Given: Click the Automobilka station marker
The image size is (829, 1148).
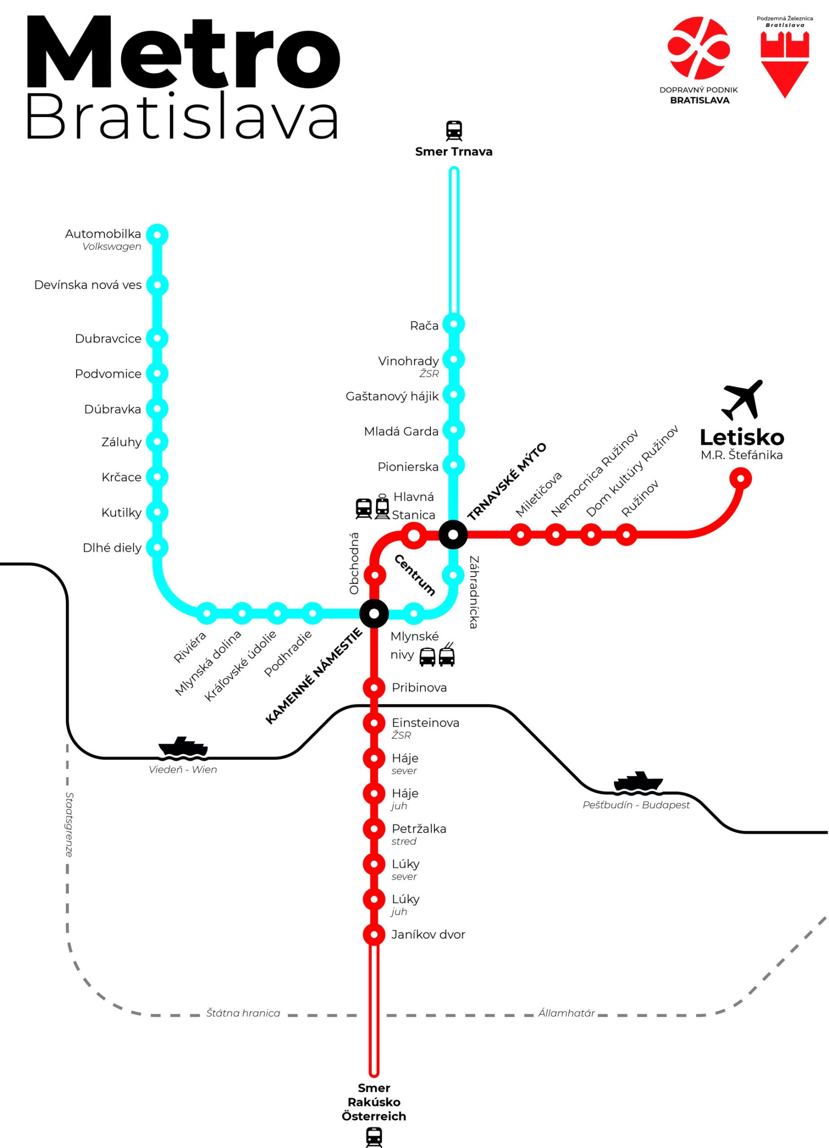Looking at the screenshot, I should point(157,235).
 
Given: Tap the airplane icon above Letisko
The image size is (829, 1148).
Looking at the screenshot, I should point(742,400).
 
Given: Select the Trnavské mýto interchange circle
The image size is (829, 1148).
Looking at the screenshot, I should point(453,534).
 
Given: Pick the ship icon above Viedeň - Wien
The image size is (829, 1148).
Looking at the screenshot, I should point(182,748).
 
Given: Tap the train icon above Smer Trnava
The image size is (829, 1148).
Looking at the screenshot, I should point(453,131).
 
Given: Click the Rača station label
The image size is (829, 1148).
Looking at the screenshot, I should point(424,325).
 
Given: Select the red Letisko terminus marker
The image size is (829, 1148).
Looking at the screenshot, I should point(740,478).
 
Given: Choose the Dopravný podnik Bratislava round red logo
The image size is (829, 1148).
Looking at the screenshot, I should point(698,48).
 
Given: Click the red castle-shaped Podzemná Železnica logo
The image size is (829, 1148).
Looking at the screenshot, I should point(785,63).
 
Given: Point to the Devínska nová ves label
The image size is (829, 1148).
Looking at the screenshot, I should point(87,285).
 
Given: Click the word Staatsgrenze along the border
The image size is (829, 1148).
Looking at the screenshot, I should point(69,825).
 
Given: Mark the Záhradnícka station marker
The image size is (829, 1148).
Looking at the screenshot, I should point(453,575).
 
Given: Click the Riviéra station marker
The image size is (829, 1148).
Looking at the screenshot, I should point(206,613).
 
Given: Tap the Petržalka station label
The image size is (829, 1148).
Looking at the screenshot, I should point(419,828).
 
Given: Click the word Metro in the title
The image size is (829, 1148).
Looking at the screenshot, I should point(182,53).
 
